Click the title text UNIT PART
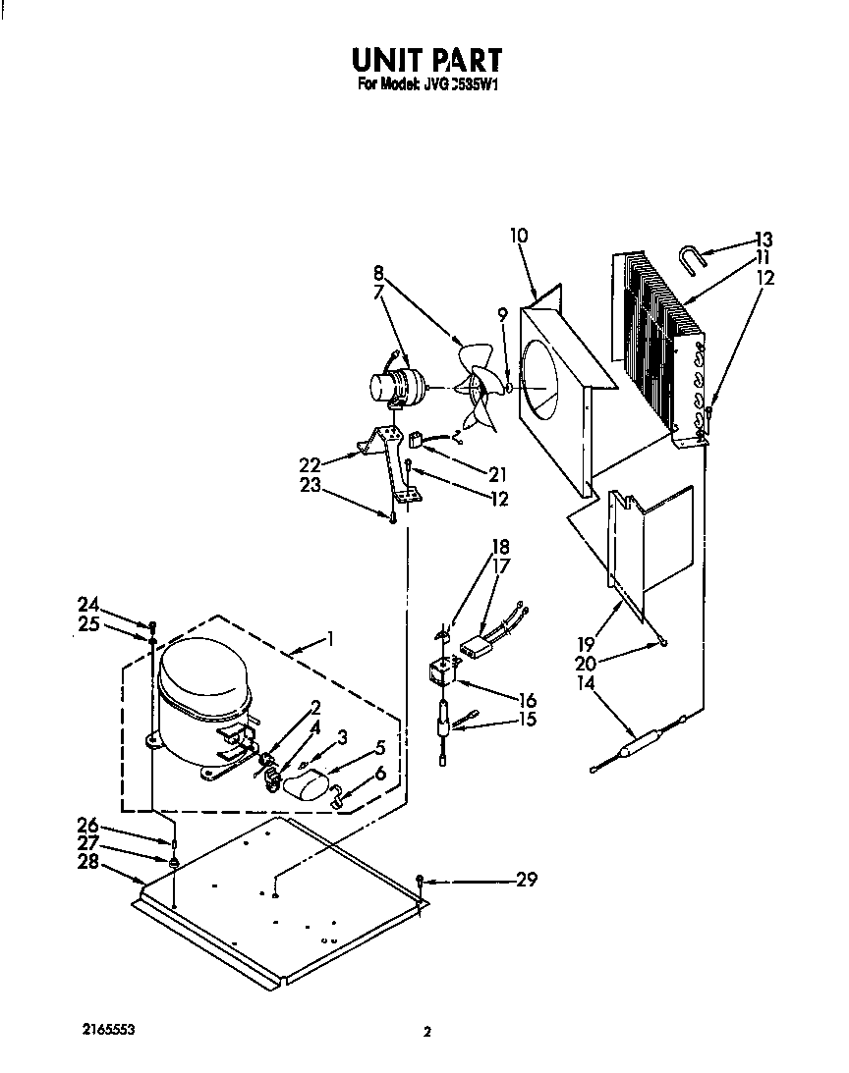pyautogui.click(x=426, y=60)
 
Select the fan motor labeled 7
pyautogui.click(x=393, y=387)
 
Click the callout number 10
pyautogui.click(x=519, y=236)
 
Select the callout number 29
pyautogui.click(x=527, y=880)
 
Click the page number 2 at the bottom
pyautogui.click(x=426, y=1032)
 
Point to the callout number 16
pyautogui.click(x=527, y=700)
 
